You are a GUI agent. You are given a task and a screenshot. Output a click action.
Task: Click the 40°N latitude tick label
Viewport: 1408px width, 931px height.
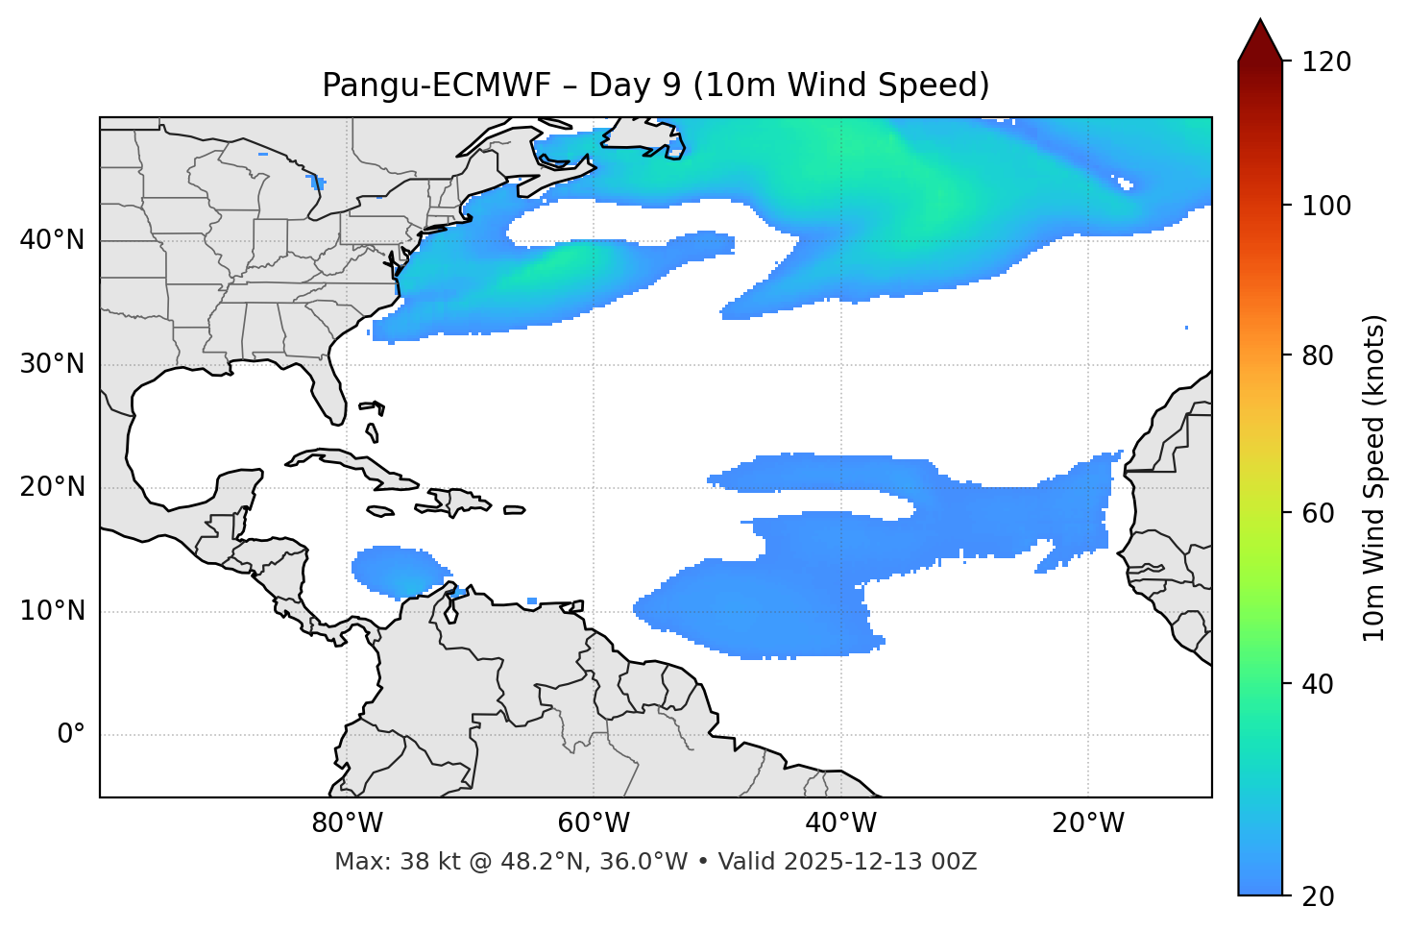[x=52, y=240]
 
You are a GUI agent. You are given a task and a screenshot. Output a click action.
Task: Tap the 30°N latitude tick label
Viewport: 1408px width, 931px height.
[x=52, y=364]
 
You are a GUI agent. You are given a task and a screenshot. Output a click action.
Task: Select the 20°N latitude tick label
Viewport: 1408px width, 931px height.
[x=52, y=487]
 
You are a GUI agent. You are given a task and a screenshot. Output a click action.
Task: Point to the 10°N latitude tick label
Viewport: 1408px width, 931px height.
[x=52, y=611]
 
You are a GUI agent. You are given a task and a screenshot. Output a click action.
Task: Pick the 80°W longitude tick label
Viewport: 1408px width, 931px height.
[x=347, y=823]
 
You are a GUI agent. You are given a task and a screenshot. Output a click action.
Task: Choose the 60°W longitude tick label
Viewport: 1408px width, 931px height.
[x=594, y=823]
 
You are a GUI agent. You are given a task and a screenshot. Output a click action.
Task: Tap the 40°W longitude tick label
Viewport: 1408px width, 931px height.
[x=840, y=823]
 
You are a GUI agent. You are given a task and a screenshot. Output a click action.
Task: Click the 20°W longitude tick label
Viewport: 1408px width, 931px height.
[x=1088, y=823]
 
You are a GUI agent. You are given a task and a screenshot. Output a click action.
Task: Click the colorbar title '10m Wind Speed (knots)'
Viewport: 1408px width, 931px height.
[x=1374, y=478]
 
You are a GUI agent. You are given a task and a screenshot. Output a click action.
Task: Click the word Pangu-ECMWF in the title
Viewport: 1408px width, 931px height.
[x=436, y=86]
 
